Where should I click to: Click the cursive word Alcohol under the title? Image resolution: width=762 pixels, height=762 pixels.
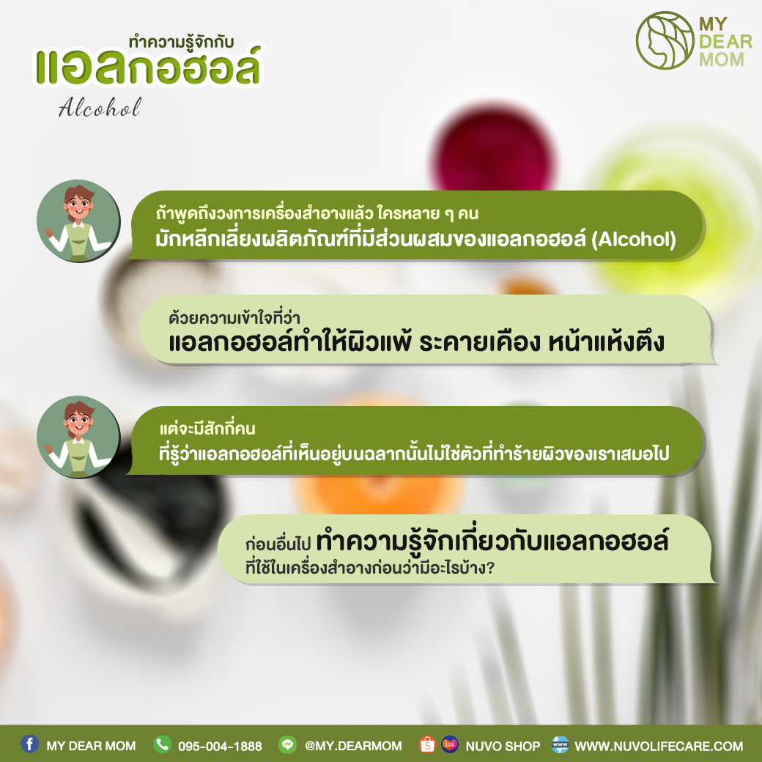[x=100, y=108]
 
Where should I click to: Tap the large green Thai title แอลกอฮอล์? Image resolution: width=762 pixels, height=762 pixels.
[x=148, y=67]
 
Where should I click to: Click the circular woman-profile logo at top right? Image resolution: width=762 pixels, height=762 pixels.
[x=665, y=40]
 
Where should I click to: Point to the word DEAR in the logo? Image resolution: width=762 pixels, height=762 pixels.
[x=725, y=42]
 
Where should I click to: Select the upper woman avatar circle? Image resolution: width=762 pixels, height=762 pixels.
[x=78, y=221]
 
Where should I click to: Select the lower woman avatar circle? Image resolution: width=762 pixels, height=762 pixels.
[x=78, y=437]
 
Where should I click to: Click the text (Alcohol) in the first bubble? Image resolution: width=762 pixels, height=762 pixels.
[x=633, y=239]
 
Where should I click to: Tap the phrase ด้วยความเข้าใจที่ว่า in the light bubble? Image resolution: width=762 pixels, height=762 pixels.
[x=234, y=318]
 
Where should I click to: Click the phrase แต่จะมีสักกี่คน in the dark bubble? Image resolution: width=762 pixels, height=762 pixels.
[x=207, y=429]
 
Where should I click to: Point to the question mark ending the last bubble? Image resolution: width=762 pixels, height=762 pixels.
[x=490, y=567]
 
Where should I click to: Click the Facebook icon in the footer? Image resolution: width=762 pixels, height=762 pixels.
[x=29, y=744]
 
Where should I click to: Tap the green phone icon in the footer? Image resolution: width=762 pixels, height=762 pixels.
[x=163, y=744]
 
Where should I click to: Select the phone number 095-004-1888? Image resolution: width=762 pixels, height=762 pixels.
[x=220, y=746]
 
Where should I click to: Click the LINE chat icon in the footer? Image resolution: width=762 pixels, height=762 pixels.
[x=287, y=744]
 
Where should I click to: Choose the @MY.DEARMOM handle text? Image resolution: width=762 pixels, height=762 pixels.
[x=353, y=746]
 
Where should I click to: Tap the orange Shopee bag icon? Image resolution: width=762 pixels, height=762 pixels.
[x=427, y=744]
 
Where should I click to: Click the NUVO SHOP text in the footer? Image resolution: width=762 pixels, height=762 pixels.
[x=503, y=746]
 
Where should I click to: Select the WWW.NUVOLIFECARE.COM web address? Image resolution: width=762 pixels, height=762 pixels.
[x=659, y=746]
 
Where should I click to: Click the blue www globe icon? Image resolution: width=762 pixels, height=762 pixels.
[x=560, y=744]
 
